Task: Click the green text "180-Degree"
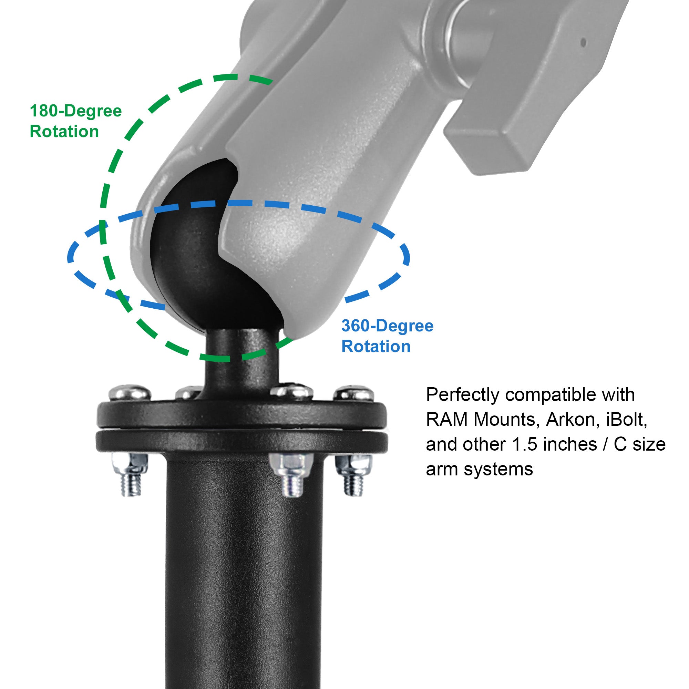(75, 111)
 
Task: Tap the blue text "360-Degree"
(387, 326)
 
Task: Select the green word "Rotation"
(64, 132)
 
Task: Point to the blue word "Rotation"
(376, 346)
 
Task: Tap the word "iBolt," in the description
(627, 420)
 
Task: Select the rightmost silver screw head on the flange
(354, 393)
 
